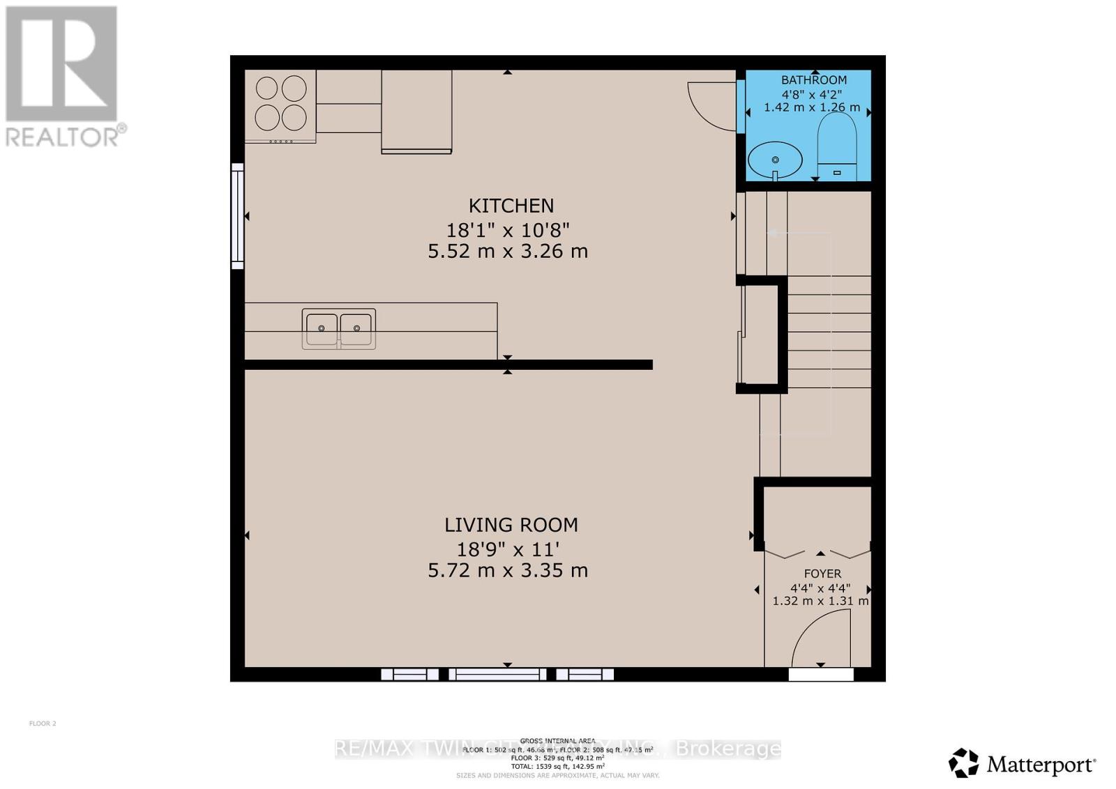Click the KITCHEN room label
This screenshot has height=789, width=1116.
(511, 206)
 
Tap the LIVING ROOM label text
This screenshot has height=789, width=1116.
(511, 525)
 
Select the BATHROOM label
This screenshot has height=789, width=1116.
(813, 80)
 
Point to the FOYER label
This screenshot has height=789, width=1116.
(822, 574)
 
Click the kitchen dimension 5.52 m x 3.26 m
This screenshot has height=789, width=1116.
(508, 251)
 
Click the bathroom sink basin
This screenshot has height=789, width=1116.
(774, 160)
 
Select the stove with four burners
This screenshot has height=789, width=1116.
(280, 105)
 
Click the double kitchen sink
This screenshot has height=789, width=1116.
(339, 329)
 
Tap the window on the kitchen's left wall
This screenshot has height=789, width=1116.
(238, 216)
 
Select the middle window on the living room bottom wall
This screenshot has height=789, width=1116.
(497, 674)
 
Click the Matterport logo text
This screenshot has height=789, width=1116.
(1041, 765)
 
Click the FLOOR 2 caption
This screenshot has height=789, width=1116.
(43, 723)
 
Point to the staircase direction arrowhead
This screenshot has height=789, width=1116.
(771, 233)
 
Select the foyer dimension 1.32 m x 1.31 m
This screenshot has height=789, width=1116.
(820, 601)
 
